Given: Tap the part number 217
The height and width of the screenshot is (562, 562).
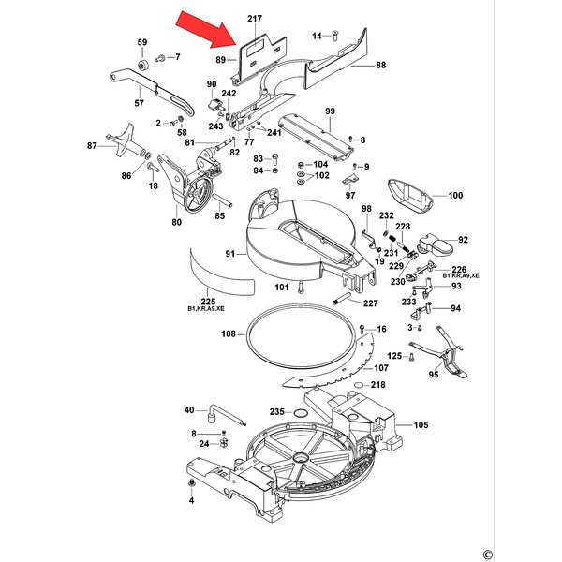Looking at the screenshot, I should click(x=255, y=19).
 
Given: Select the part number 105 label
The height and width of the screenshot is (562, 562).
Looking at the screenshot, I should click(x=421, y=425).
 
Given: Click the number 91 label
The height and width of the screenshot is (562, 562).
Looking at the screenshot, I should click(x=229, y=254).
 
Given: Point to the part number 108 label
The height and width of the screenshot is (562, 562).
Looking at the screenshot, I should click(x=228, y=334).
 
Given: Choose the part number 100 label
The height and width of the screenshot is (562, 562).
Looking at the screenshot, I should click(x=455, y=196).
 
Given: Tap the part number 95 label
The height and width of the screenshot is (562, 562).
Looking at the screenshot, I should click(x=434, y=374).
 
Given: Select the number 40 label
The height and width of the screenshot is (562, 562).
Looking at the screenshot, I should click(x=188, y=410).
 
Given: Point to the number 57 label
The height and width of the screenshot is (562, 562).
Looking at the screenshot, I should click(x=140, y=103).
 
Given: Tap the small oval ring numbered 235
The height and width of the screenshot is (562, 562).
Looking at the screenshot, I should click(x=300, y=412).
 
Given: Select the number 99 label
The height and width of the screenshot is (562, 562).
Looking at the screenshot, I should click(x=330, y=112).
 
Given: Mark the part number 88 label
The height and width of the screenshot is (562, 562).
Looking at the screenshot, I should click(x=380, y=65).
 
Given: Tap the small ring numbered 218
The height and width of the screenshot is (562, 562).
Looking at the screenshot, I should click(x=361, y=385).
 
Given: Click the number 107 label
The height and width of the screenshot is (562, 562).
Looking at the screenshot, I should click(x=381, y=368).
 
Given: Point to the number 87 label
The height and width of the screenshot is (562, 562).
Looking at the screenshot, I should click(x=93, y=146).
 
